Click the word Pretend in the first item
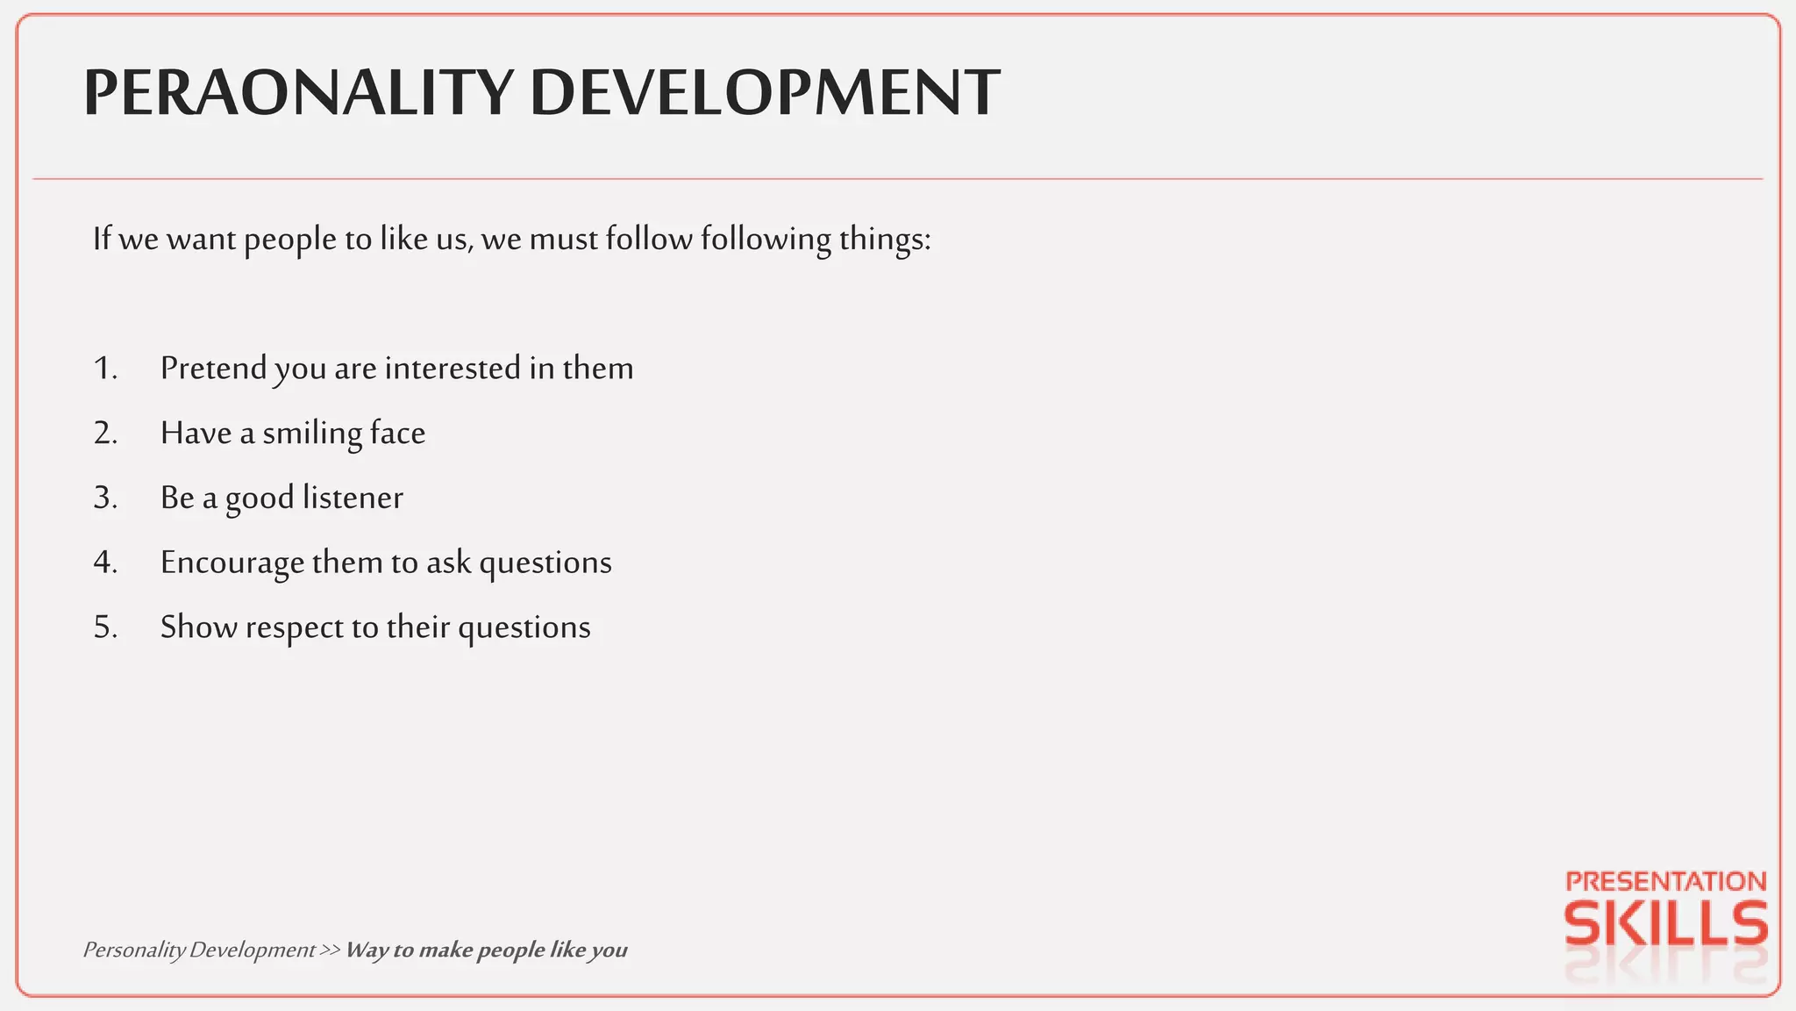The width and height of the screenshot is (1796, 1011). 213,369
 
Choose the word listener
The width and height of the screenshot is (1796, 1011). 353,498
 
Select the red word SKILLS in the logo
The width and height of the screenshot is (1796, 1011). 1665,925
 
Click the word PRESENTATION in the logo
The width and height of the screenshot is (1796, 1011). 1665,881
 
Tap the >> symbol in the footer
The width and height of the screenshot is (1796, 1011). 330,950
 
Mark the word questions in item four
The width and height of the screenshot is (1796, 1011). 545,563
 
